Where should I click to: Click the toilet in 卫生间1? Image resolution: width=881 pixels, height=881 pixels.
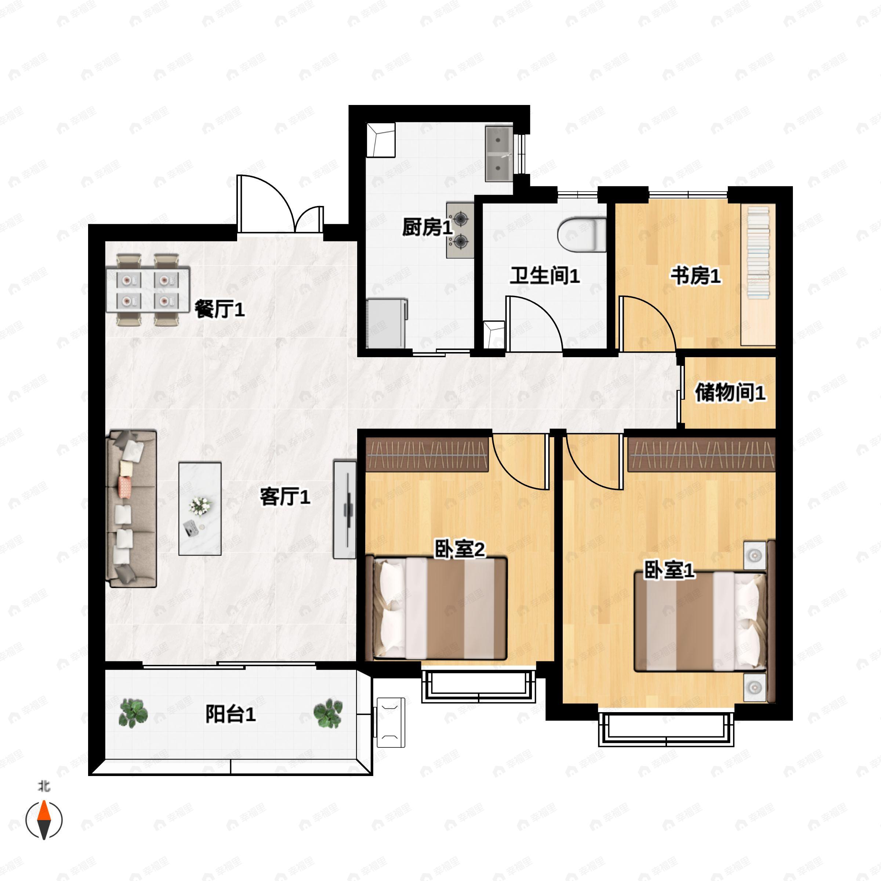[x=582, y=235]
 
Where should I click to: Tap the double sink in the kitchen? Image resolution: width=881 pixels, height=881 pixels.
[x=499, y=154]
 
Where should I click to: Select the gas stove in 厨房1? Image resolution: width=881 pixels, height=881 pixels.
[x=460, y=230]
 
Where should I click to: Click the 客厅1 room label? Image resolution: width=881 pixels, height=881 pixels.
[x=285, y=497]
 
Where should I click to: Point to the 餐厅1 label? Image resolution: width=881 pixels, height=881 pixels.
[x=220, y=309]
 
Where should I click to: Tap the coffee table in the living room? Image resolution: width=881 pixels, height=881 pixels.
[x=200, y=508]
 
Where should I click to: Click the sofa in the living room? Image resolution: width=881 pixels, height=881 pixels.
[x=131, y=508]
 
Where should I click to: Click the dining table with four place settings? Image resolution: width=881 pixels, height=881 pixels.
[x=148, y=290]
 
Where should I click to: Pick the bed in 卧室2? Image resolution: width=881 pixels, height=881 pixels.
[x=440, y=608]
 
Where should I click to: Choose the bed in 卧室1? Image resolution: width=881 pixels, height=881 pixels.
[x=700, y=622]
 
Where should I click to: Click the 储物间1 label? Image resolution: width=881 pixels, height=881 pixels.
[x=730, y=393]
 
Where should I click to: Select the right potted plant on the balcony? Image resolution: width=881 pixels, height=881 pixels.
[x=328, y=714]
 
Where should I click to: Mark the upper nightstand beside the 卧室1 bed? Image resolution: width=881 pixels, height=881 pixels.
[x=755, y=556]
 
